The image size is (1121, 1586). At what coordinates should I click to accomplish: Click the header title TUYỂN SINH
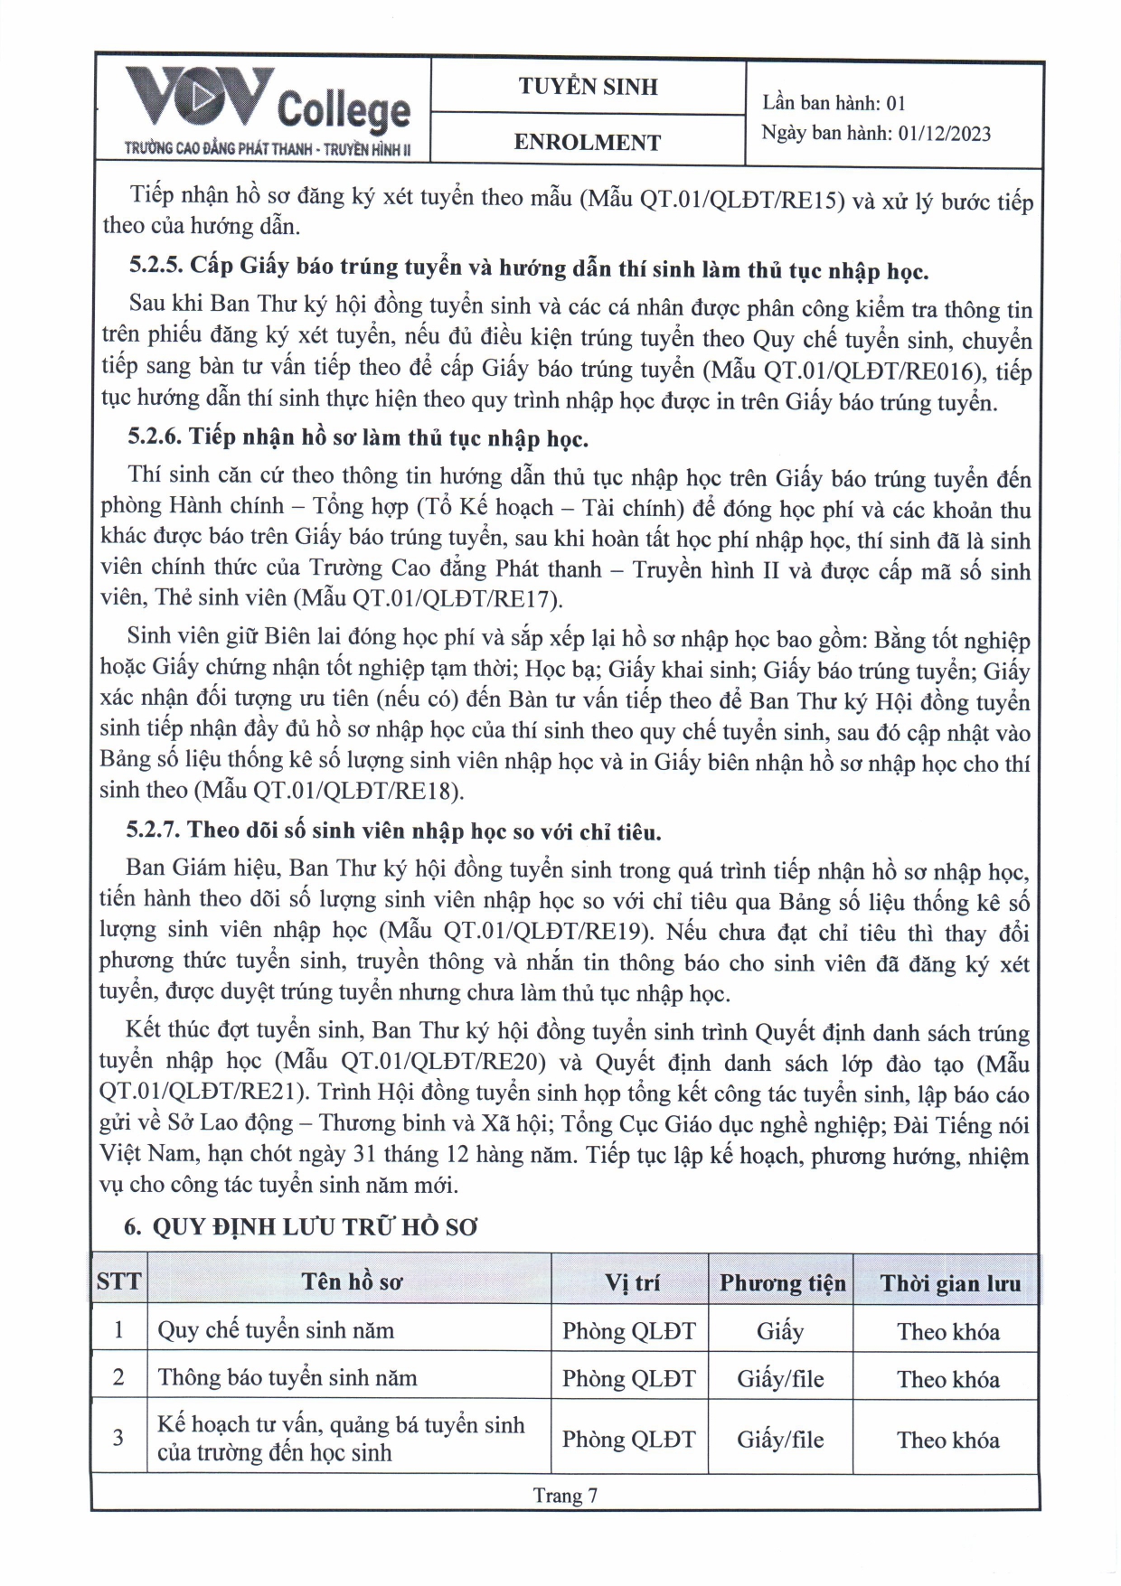tap(588, 87)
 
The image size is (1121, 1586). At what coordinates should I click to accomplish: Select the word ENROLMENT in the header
tap(588, 142)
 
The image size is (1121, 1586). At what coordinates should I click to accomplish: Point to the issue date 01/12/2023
tap(945, 134)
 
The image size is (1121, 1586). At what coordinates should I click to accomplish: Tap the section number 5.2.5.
tap(156, 266)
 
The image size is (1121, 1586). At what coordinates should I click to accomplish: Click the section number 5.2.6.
tap(155, 437)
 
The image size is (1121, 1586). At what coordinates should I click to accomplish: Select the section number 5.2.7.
tap(155, 830)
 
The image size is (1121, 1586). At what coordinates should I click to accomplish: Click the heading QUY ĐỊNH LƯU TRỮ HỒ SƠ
tap(315, 1226)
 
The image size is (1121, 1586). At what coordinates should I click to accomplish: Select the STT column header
tap(118, 1281)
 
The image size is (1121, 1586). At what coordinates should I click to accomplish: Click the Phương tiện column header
tap(782, 1283)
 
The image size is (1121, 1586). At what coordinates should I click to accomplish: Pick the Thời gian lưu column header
tap(949, 1283)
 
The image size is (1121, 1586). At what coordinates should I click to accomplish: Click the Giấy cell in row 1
tap(780, 1331)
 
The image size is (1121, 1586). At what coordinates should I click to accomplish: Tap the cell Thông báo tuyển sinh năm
tap(287, 1378)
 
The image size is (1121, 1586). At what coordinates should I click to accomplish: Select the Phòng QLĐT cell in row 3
tap(629, 1439)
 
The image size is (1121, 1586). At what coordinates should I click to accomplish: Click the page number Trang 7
tap(565, 1495)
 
